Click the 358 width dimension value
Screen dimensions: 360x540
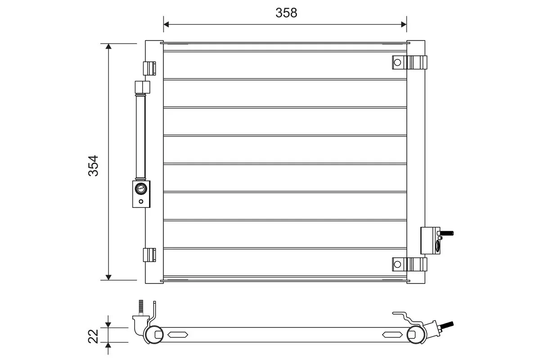tap(286, 13)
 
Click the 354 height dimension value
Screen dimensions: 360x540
tap(94, 166)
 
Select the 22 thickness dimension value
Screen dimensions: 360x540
tap(94, 336)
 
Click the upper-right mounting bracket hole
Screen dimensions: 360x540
tap(397, 63)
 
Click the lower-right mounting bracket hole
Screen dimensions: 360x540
tap(397, 264)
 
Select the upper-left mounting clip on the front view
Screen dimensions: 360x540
tap(149, 68)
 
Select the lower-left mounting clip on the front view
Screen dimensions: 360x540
tap(149, 255)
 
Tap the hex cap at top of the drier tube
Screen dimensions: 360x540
tap(141, 86)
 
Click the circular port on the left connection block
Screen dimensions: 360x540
tap(141, 189)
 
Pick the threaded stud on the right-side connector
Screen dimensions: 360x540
tap(446, 234)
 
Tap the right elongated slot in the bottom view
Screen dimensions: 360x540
tap(392, 334)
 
